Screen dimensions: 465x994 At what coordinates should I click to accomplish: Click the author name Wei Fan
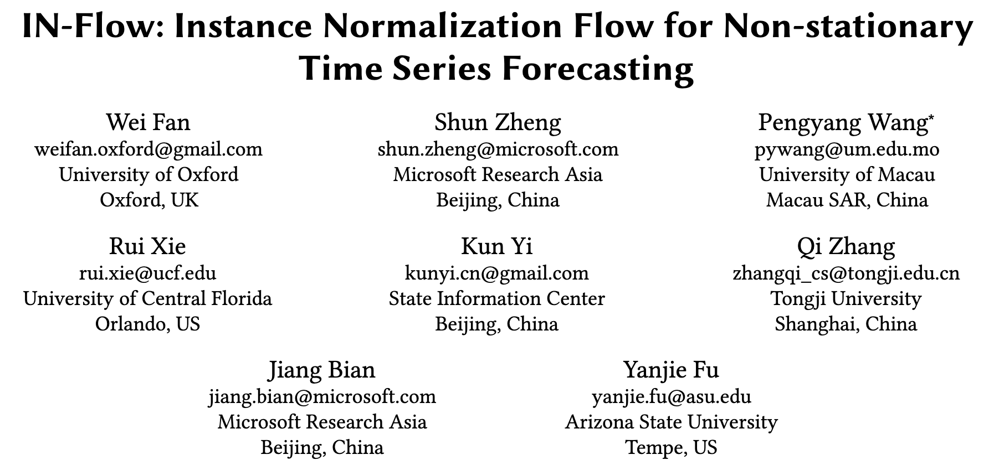click(x=148, y=122)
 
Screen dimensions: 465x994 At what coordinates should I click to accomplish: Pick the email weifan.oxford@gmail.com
click(x=148, y=149)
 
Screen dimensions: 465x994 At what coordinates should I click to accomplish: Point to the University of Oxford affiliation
click(x=148, y=174)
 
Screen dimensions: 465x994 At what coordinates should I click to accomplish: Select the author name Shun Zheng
click(x=498, y=122)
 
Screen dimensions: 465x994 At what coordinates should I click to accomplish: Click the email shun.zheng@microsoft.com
click(x=498, y=149)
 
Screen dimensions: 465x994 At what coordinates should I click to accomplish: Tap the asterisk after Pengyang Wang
click(x=931, y=118)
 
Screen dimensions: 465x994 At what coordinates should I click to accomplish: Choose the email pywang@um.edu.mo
click(x=847, y=149)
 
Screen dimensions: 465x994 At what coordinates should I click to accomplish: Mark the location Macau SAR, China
click(x=847, y=199)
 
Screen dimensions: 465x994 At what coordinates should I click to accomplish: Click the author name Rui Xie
click(x=147, y=246)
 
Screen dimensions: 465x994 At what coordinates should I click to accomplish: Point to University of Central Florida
click(x=147, y=298)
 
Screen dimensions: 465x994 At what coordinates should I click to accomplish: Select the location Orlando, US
click(x=147, y=323)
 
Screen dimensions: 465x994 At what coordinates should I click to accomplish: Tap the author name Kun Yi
click(x=496, y=246)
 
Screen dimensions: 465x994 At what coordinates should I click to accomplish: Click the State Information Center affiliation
click(x=496, y=298)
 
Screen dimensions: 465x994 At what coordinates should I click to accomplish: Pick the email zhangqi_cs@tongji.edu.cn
click(x=846, y=273)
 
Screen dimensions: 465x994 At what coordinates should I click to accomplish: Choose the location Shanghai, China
click(x=846, y=323)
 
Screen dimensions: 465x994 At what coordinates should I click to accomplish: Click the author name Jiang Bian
click(x=322, y=370)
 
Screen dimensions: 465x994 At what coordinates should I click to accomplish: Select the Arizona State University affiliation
click(x=671, y=422)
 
